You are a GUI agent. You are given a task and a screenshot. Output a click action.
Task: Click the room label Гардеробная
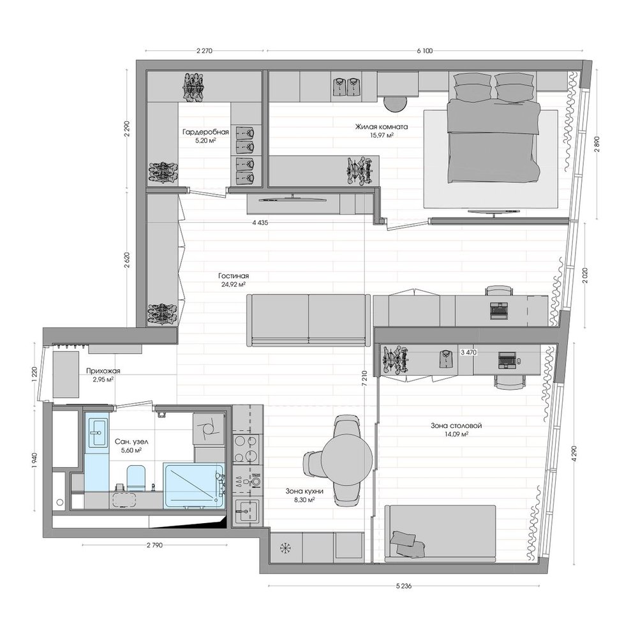[205, 132]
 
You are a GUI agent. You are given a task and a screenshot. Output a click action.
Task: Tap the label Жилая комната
[382, 127]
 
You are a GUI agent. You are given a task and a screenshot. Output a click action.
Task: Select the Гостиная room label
[233, 276]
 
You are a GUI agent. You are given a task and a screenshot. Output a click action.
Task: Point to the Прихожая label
[103, 371]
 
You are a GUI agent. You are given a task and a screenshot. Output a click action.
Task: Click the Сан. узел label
[128, 441]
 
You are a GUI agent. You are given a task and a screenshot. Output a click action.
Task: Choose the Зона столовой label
[456, 426]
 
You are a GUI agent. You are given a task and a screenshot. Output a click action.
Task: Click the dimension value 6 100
[425, 51]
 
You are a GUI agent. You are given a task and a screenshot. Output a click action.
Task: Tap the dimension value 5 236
[404, 586]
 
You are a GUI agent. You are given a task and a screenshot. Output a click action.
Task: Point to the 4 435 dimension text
[260, 223]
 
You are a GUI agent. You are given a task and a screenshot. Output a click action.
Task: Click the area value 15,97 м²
[382, 135]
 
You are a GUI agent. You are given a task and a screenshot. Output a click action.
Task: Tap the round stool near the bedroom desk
[396, 105]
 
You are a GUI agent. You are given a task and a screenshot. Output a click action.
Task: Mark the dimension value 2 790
[154, 545]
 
